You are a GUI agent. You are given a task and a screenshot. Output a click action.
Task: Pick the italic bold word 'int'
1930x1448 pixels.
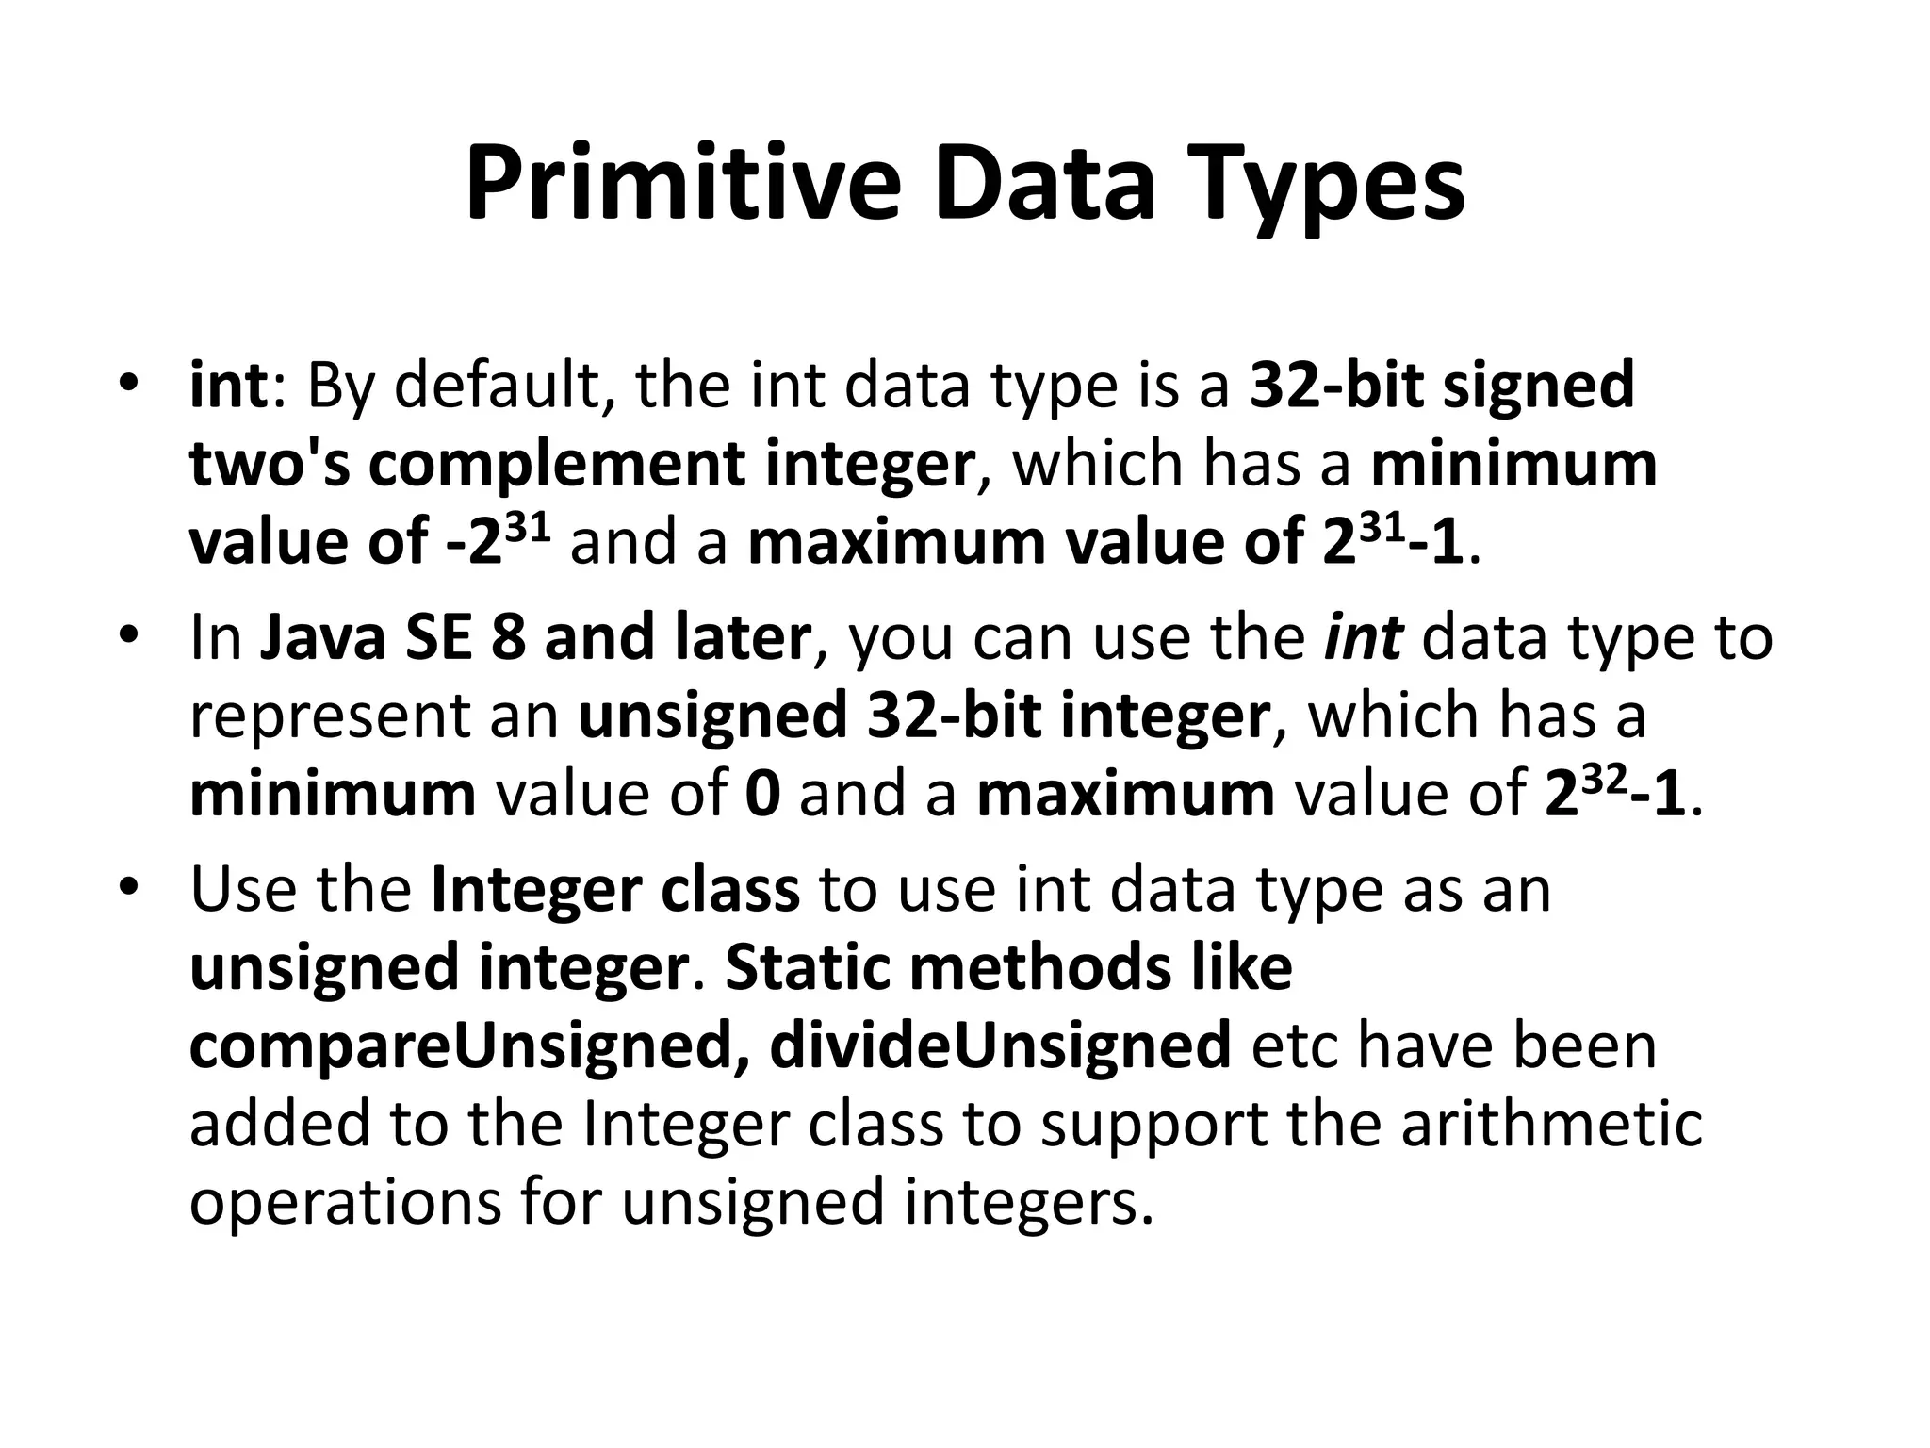point(1364,638)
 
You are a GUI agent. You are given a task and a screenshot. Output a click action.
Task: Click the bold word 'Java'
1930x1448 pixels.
point(319,638)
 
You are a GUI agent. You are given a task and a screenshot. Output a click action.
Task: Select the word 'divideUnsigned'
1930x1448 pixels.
point(1000,1045)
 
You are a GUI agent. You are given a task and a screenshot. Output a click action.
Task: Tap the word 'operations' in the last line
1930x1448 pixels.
point(345,1204)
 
